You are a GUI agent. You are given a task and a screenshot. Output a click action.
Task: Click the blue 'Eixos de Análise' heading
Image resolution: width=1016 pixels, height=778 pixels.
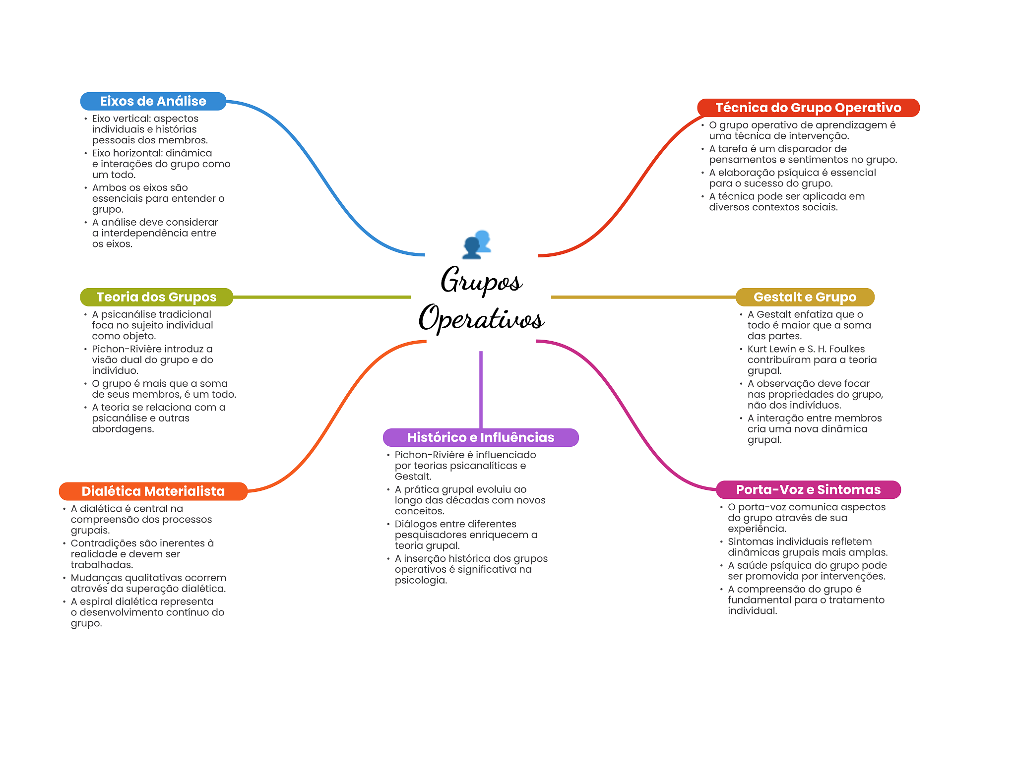(153, 101)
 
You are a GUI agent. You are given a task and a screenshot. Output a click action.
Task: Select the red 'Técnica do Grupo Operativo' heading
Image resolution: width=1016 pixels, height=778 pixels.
(808, 108)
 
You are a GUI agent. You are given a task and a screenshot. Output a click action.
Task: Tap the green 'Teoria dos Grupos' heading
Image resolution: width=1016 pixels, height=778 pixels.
(156, 297)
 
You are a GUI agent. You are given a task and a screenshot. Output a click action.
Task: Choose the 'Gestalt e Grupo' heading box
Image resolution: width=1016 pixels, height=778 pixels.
(805, 297)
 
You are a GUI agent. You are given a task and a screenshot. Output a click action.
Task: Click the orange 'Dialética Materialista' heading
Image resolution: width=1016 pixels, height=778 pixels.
(153, 491)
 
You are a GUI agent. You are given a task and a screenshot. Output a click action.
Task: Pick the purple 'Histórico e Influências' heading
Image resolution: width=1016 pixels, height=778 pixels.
(481, 437)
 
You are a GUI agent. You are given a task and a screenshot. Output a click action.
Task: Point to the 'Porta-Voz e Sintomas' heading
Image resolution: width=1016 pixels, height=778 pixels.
(808, 490)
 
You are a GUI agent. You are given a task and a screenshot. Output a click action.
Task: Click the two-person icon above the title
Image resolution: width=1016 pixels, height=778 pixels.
(477, 244)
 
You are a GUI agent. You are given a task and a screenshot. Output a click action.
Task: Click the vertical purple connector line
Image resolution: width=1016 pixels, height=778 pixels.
(481, 390)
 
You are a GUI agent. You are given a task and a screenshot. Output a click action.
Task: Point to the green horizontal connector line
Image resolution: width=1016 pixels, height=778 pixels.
(322, 297)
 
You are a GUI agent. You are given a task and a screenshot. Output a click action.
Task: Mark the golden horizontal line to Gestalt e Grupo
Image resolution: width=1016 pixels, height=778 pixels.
(643, 297)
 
